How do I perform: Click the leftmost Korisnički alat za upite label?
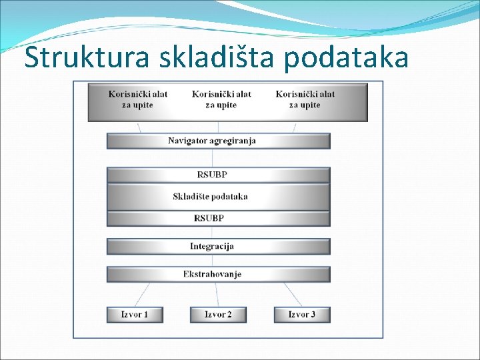(138, 99)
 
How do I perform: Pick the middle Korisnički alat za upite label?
(221, 99)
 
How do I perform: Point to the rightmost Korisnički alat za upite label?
(305, 99)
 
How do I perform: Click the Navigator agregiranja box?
(218, 141)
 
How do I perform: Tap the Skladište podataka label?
(210, 197)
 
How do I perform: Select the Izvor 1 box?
(135, 314)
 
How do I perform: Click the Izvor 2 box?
(218, 314)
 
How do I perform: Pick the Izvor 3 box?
(302, 314)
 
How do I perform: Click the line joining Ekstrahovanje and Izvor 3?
(293, 294)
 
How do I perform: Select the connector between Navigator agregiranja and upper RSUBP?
(213, 158)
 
